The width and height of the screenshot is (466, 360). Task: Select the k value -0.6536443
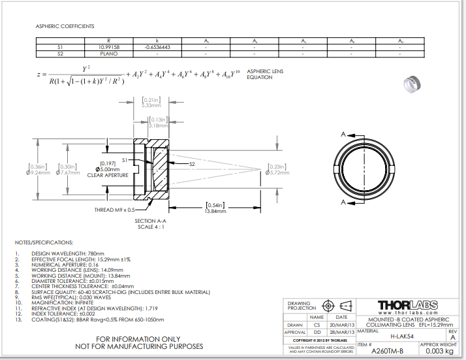coord(157,48)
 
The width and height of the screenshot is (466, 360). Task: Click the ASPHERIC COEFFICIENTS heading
coord(65,26)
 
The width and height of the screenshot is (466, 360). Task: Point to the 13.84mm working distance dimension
coord(215,211)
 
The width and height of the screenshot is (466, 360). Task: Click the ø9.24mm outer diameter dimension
coord(37,172)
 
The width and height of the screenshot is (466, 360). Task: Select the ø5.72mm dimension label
coord(279,172)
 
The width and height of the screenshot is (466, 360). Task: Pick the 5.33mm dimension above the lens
coord(151,105)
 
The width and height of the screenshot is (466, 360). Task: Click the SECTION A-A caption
coord(149,221)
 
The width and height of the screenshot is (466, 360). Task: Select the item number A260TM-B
coord(386,351)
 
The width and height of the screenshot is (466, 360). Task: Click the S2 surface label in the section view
coord(192,164)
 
